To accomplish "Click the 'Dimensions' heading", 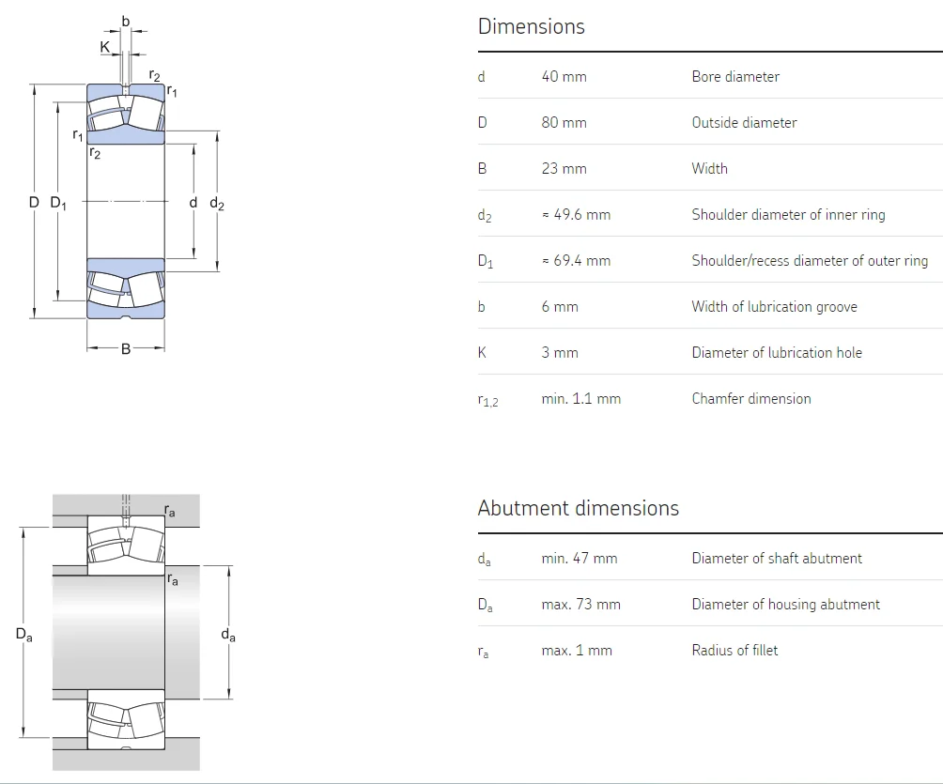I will [x=531, y=26].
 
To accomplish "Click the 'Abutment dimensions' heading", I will [x=578, y=508].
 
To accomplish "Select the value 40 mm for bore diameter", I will [x=564, y=77].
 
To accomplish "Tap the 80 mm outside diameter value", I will [x=564, y=123].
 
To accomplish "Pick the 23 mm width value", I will [x=564, y=169].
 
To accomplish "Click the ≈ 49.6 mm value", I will [x=576, y=215].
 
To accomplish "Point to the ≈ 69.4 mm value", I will [x=576, y=261].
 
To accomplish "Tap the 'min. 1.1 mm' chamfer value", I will [x=580, y=399].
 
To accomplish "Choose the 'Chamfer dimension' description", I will [x=751, y=399].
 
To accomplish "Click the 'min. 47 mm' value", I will [x=579, y=559].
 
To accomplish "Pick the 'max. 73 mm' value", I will [x=580, y=605].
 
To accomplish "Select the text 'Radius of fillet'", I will [x=734, y=651].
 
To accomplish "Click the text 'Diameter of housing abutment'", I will [x=785, y=605].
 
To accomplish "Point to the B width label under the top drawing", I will [x=126, y=349].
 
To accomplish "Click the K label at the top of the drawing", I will [x=104, y=47].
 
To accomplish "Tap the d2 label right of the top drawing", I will [x=217, y=203].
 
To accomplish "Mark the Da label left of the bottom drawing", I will [x=24, y=635].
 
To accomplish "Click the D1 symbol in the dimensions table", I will [x=485, y=262].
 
